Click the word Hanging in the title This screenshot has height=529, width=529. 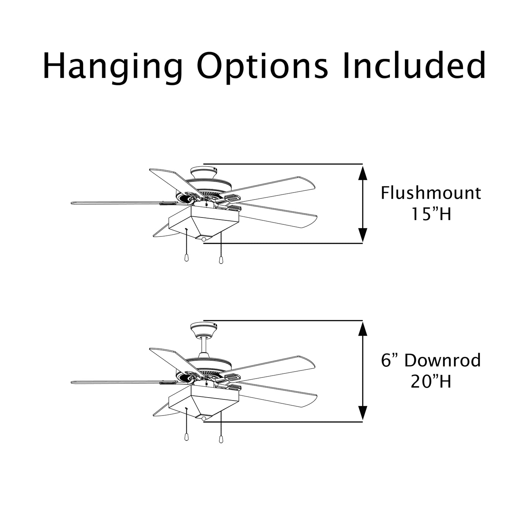tap(112, 67)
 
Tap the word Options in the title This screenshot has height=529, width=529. tap(262, 67)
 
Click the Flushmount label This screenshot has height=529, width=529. tap(431, 193)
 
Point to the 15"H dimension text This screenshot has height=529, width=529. tap(431, 214)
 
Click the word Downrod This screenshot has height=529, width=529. tap(443, 360)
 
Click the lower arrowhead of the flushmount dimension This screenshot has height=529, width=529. tap(363, 235)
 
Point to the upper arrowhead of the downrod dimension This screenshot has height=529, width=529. tap(363, 329)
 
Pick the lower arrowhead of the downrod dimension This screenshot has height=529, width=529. tap(363, 413)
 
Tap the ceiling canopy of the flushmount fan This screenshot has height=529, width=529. tap(204, 173)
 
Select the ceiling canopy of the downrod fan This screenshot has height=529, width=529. tap(204, 329)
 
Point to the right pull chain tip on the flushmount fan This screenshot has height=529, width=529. tap(221, 260)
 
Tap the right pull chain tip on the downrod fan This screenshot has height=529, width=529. tap(221, 439)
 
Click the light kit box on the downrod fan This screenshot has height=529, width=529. tap(204, 402)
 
